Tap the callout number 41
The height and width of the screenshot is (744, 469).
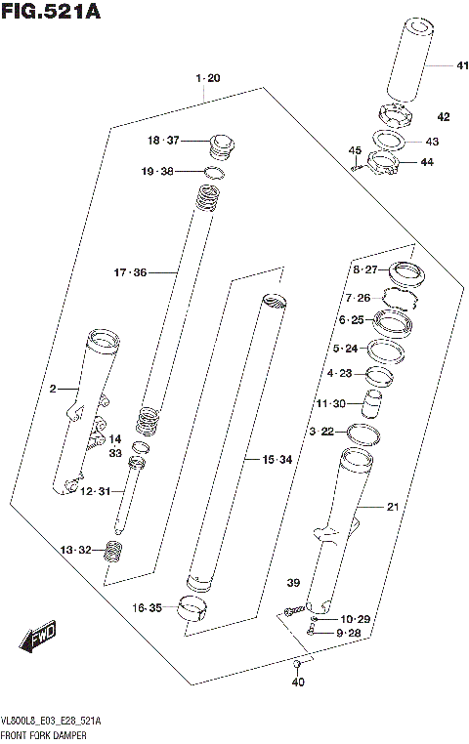coord(435,65)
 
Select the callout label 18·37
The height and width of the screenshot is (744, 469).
coord(164,141)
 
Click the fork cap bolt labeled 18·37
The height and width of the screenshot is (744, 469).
coord(220,146)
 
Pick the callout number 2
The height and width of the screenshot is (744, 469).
coord(53,389)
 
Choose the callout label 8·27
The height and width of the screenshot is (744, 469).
coord(364,269)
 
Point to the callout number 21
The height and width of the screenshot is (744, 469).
coord(393,506)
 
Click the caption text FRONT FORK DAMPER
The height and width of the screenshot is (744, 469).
coord(45,732)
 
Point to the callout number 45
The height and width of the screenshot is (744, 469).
coord(356,149)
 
